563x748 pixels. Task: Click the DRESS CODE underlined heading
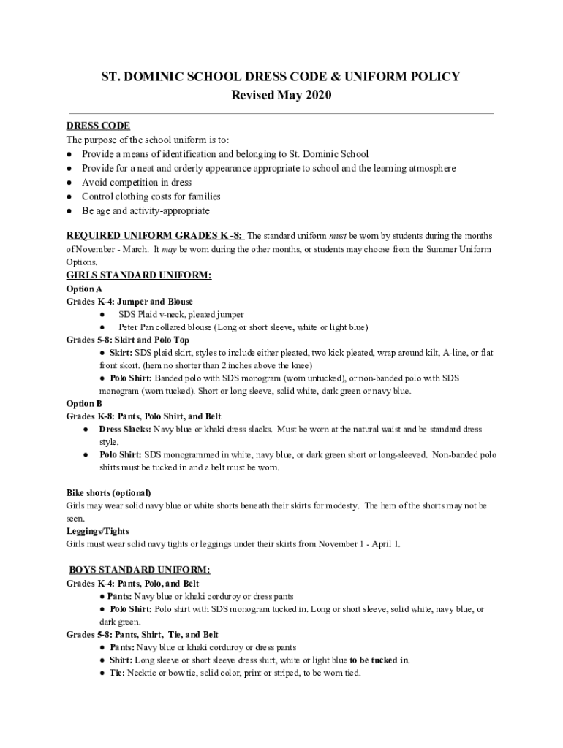(x=98, y=126)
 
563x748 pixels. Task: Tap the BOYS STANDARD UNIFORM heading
(x=140, y=570)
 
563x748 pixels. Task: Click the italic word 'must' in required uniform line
(x=337, y=236)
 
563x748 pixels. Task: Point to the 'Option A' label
(x=84, y=289)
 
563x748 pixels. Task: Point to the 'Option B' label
(x=84, y=403)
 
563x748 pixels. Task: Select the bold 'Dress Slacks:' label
(x=125, y=430)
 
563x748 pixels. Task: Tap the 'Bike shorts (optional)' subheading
(x=108, y=493)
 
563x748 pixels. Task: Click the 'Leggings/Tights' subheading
(x=98, y=531)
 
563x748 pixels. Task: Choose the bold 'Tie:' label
(x=117, y=673)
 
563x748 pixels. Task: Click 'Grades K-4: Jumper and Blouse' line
(x=129, y=302)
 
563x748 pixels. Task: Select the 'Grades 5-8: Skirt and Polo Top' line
(x=127, y=340)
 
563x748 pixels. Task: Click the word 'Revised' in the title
(x=254, y=96)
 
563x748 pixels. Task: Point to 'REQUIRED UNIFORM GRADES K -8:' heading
(x=154, y=236)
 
